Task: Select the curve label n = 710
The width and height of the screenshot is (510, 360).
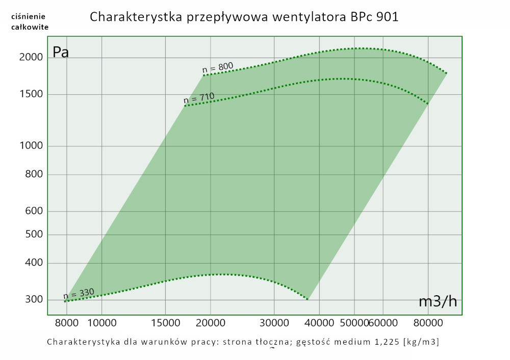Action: pyautogui.click(x=199, y=97)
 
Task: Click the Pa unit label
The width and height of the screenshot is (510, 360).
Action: pyautogui.click(x=61, y=53)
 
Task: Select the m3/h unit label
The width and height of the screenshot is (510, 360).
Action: pyautogui.click(x=438, y=301)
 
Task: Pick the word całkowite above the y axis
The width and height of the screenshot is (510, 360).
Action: pyautogui.click(x=30, y=27)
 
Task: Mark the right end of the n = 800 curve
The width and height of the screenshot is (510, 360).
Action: pyautogui.click(x=447, y=73)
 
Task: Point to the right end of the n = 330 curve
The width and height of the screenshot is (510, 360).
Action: pyautogui.click(x=308, y=299)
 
